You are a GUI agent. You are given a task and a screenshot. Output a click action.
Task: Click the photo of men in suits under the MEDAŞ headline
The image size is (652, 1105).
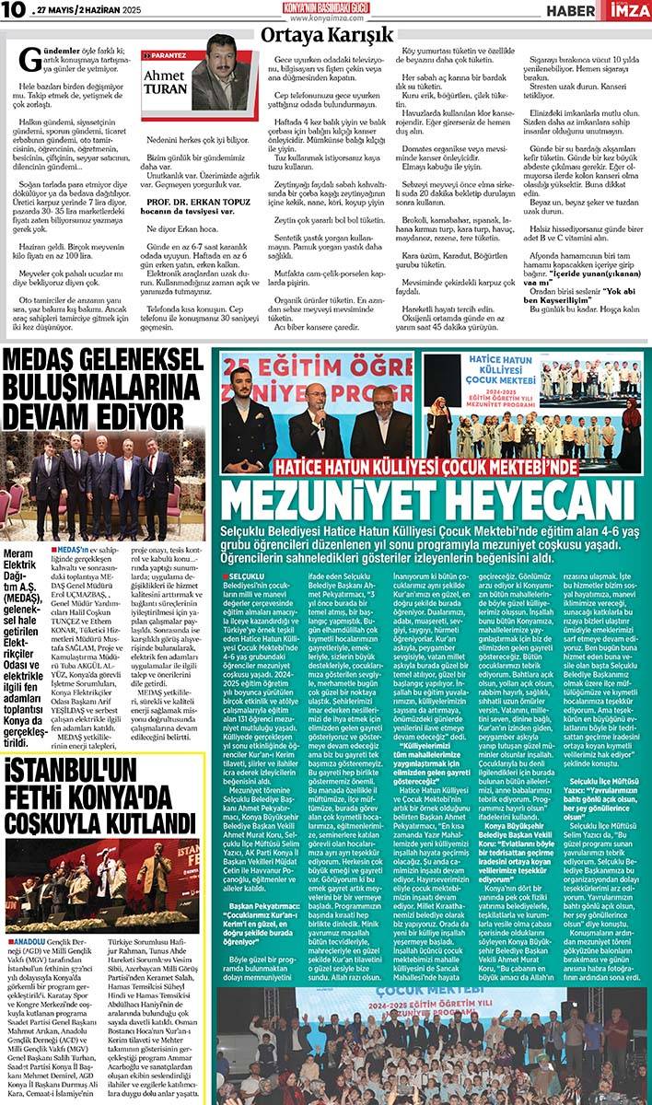[x=104, y=483]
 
